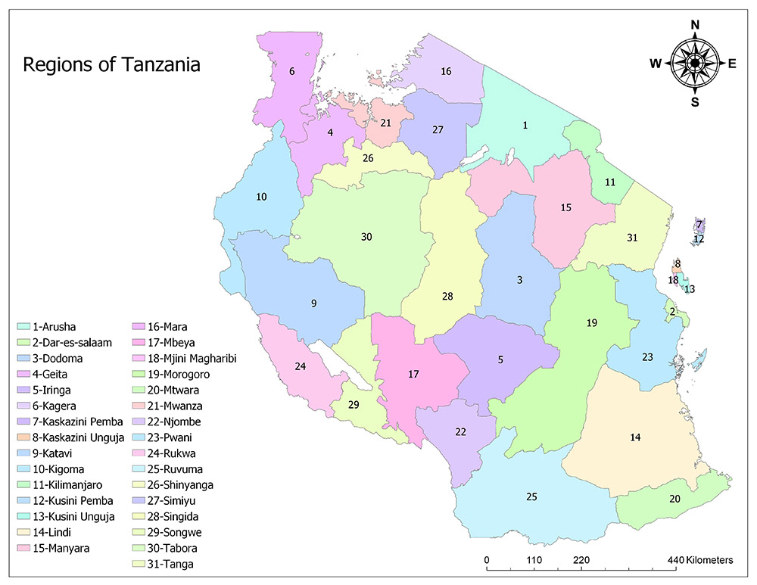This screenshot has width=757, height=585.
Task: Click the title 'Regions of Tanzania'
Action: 112,64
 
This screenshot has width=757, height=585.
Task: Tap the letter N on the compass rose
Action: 695,25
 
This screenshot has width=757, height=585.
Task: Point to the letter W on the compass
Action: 655,64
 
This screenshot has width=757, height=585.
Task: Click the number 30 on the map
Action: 366,237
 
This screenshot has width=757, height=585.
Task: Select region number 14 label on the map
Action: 636,437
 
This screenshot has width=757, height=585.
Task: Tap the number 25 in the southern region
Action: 531,496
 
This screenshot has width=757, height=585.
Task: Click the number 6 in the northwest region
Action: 291,71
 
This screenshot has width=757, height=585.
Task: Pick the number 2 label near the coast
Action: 671,311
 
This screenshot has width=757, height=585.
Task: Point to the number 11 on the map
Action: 610,182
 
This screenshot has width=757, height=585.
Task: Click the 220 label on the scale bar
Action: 581,561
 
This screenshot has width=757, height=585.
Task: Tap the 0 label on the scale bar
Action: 487,561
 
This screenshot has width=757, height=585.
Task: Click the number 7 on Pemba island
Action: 699,225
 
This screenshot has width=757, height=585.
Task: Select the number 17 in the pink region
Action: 413,374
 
